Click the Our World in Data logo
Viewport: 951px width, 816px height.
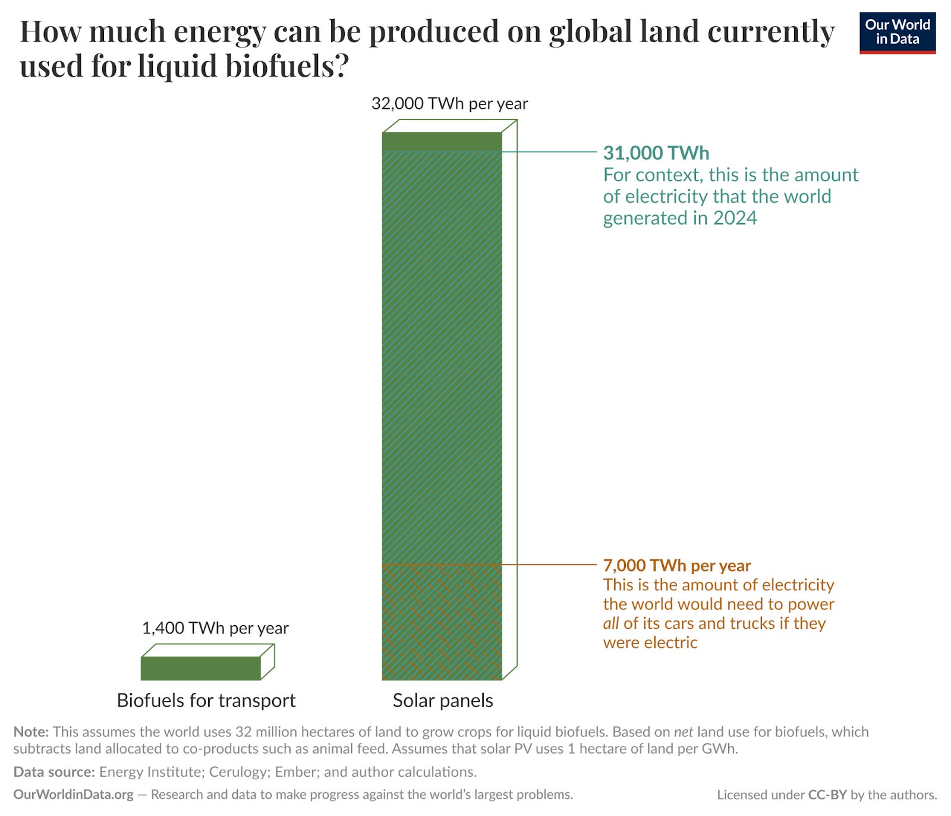[x=897, y=33]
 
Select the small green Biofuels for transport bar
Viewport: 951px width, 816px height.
[x=201, y=668]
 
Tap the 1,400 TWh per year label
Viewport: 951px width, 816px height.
[x=215, y=628]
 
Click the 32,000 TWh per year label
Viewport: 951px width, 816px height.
[x=449, y=103]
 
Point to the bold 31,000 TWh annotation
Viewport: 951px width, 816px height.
[x=656, y=153]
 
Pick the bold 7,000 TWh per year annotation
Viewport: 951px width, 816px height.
[x=677, y=565]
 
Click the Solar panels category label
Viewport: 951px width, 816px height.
[x=443, y=700]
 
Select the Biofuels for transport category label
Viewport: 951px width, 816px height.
[x=206, y=700]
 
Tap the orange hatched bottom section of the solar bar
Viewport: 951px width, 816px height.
[x=442, y=622]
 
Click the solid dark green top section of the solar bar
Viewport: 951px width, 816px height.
[x=442, y=141]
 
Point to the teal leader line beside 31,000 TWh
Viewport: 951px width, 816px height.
[x=549, y=152]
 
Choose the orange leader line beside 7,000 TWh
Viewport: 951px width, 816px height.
[x=549, y=565]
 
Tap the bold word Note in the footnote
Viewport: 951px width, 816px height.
[x=30, y=732]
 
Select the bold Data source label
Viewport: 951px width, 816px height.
[x=54, y=772]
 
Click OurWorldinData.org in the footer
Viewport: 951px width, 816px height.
[x=73, y=795]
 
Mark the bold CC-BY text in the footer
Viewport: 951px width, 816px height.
[x=827, y=795]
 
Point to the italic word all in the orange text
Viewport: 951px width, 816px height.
[x=610, y=623]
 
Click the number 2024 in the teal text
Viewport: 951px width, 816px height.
[x=735, y=218]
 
